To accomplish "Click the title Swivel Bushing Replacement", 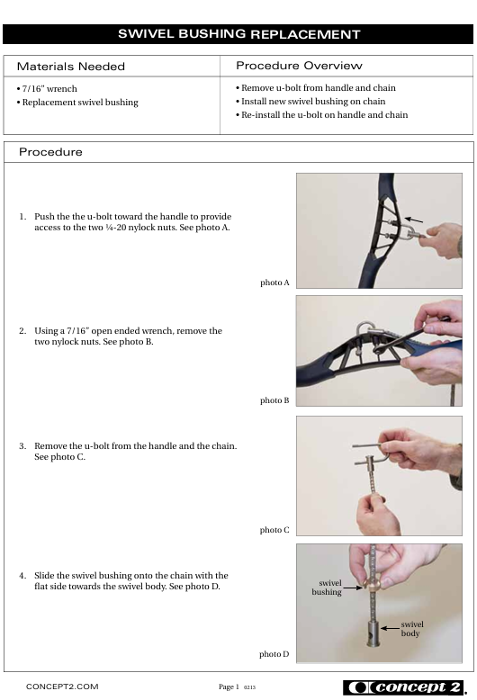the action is point(238,34).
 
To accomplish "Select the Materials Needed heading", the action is point(71,67).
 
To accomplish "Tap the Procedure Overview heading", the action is point(299,66).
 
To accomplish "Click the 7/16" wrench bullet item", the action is point(47,89).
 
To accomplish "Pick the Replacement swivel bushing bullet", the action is point(77,103).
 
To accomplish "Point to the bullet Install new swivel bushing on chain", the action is point(310,102).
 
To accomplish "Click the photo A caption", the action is point(274,283).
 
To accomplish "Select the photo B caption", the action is point(274,400).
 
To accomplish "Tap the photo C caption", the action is point(274,530).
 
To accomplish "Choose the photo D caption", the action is point(274,654).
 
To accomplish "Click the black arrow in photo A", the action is point(414,220).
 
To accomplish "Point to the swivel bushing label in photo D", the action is point(327,588).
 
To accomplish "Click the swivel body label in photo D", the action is point(412,629).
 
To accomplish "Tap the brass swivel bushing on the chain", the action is point(372,584).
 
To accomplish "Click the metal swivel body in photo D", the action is point(373,633).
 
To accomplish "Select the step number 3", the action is point(22,446).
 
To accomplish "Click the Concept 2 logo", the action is point(404,687).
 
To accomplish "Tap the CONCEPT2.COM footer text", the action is point(62,687).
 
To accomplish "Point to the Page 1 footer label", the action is point(229,687).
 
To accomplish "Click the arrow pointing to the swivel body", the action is point(390,629).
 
